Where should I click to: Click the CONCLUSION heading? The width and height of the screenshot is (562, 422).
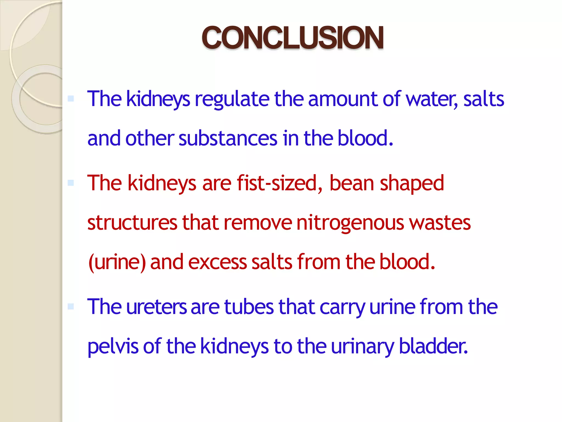293,38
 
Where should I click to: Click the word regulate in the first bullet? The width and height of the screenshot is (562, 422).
232,99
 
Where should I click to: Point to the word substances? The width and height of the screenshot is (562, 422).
228,138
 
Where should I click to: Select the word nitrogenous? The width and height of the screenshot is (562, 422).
350,223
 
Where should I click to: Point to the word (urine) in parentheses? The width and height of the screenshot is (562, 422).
117,262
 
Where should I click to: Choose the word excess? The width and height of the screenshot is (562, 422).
217,262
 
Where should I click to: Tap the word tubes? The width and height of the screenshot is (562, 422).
249,307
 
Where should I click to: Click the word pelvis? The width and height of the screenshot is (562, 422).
113,346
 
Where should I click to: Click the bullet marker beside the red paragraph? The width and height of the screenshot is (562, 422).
71,183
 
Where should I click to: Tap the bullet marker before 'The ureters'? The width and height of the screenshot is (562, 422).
71,306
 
